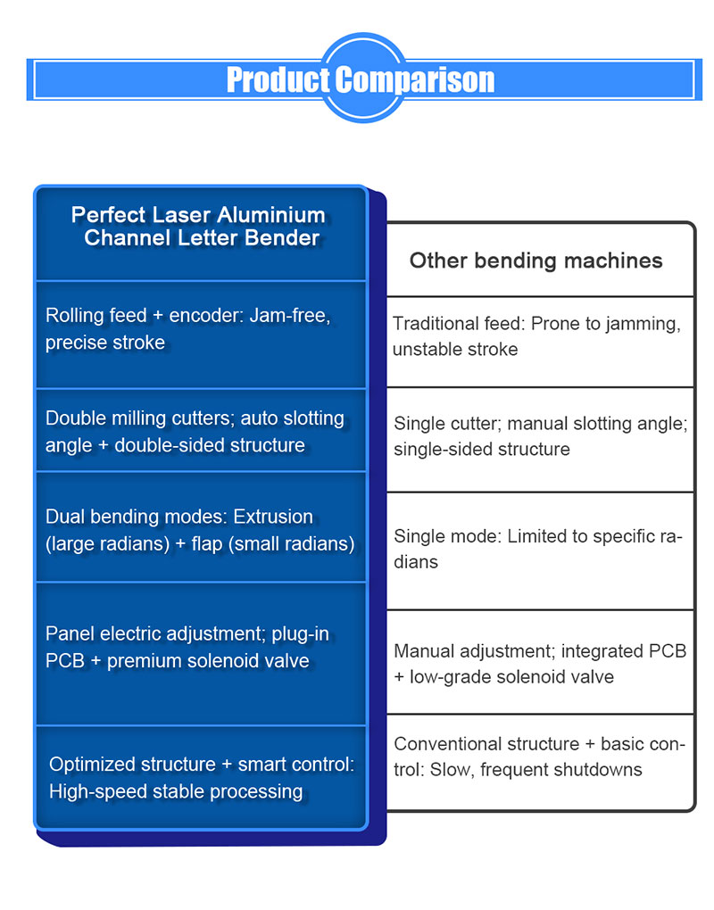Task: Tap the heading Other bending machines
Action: click(535, 261)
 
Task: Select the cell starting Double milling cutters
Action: click(195, 432)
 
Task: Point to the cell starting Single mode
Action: click(537, 550)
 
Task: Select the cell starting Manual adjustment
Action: click(539, 664)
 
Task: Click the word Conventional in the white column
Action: click(449, 744)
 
